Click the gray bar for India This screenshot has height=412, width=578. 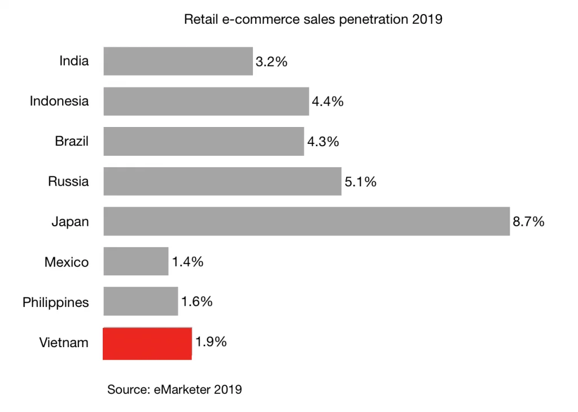pyautogui.click(x=178, y=61)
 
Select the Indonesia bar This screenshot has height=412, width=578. pyautogui.click(x=206, y=101)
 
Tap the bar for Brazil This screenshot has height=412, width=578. pyautogui.click(x=203, y=141)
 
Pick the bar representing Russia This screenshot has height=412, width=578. pyautogui.click(x=222, y=181)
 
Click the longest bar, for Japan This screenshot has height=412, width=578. pyautogui.click(x=306, y=221)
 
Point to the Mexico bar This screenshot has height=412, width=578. pyautogui.click(x=135, y=261)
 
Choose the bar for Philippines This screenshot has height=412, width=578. pyautogui.click(x=141, y=301)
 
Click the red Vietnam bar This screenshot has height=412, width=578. pyautogui.click(x=147, y=343)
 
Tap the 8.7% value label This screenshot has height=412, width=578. pyautogui.click(x=528, y=222)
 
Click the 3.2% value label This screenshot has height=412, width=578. pyautogui.click(x=272, y=62)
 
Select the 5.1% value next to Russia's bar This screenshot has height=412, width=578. pyautogui.click(x=360, y=182)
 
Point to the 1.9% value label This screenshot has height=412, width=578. pyautogui.click(x=211, y=341)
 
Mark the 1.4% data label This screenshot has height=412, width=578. pyautogui.click(x=187, y=262)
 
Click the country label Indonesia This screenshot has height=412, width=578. pyautogui.click(x=59, y=101)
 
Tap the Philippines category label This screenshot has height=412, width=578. pyautogui.click(x=55, y=303)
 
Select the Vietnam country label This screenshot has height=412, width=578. pyautogui.click(x=64, y=343)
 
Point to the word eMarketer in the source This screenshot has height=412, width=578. pyautogui.click(x=182, y=389)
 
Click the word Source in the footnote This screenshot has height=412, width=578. pyautogui.click(x=128, y=389)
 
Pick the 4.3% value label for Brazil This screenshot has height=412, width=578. pyautogui.click(x=323, y=142)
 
